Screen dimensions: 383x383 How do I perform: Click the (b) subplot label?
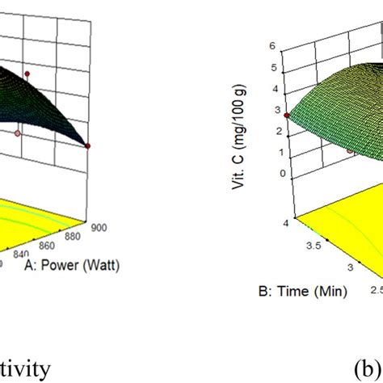(x=367, y=368)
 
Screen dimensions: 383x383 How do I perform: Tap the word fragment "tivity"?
(x=24, y=368)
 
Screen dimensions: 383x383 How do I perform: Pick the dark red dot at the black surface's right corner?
(x=87, y=146)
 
